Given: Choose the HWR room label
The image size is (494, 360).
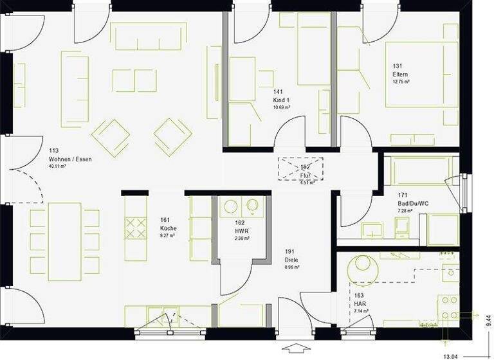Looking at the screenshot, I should [x=242, y=230].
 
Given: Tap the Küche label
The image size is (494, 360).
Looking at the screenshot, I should [x=169, y=228].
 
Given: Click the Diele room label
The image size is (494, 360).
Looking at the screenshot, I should [x=292, y=260].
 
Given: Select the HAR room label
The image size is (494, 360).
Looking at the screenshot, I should [x=360, y=303].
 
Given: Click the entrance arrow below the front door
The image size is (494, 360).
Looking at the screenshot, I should [x=295, y=350].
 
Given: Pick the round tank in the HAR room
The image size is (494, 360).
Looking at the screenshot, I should [x=361, y=265].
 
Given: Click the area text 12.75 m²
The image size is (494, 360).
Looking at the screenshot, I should [x=402, y=82].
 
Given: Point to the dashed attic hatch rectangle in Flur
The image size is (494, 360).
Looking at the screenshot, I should [x=300, y=168].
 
